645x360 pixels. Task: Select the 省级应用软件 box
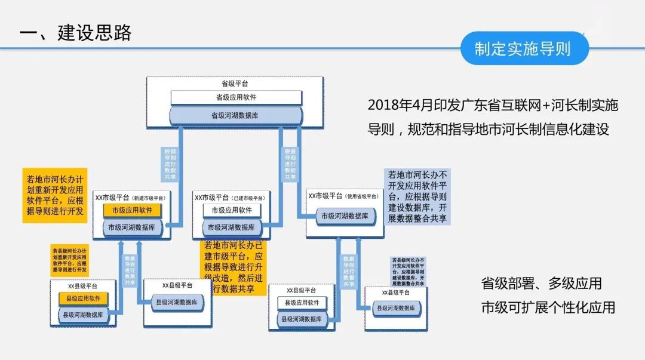click(236, 97)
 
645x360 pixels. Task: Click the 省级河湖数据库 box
click(236, 115)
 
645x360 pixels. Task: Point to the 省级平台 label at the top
click(235, 84)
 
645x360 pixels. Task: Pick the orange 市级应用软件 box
click(132, 210)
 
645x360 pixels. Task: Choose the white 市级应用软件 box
click(232, 210)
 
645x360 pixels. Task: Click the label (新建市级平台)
click(149, 197)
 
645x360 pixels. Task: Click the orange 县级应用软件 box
click(83, 299)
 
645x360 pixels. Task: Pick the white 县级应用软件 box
click(302, 303)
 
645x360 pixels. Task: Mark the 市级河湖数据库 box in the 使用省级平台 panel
click(345, 216)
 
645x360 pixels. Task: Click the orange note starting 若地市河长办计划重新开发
click(54, 195)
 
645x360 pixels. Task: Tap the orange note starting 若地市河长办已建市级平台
click(233, 267)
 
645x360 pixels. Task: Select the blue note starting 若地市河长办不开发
click(417, 196)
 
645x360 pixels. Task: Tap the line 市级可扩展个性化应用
click(548, 307)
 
